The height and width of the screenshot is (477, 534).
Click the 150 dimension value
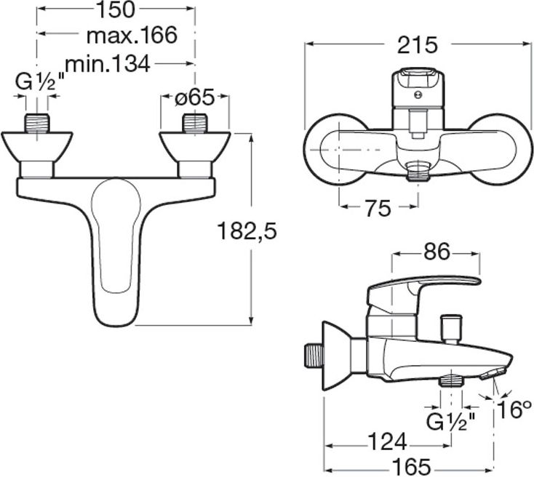(x=116, y=10)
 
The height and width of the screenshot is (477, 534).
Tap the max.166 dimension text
(x=132, y=36)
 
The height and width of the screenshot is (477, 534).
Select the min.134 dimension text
(x=108, y=64)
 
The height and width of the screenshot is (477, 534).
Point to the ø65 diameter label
(x=194, y=98)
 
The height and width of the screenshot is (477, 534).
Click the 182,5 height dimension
(x=247, y=231)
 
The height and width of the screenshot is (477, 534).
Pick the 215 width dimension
(x=417, y=45)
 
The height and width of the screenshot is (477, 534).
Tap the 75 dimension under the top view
(x=378, y=209)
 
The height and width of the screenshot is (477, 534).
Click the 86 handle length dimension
(x=437, y=252)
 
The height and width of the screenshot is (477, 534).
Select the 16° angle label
(x=514, y=409)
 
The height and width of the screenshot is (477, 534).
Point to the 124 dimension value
(x=388, y=442)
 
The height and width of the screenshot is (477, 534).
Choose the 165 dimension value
(x=412, y=466)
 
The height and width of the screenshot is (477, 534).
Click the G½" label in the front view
(x=40, y=83)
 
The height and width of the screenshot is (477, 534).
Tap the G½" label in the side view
(x=452, y=423)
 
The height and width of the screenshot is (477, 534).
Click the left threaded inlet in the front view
(x=37, y=124)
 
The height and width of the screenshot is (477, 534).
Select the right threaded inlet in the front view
(x=195, y=124)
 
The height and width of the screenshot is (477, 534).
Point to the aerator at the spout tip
(x=493, y=374)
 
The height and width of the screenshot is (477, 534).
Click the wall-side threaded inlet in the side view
(x=314, y=356)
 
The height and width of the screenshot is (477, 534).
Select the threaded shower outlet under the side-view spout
(x=452, y=380)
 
